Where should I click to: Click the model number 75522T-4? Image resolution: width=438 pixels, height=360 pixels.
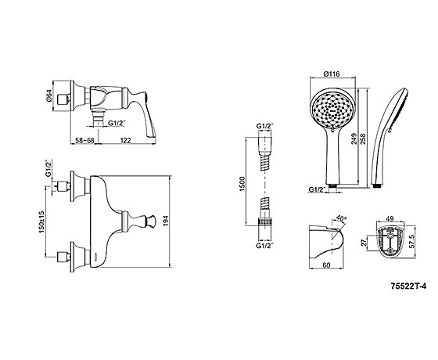coord(408,286)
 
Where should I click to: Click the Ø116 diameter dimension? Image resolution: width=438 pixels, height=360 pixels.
coord(332,74)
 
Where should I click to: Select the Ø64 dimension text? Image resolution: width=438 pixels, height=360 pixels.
coord(48,96)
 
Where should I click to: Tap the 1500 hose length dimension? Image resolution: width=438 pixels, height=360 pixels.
coord(242,184)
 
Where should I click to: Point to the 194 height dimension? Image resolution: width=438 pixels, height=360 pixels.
coord(165,221)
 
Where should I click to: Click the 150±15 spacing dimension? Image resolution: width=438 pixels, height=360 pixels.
coord(41,222)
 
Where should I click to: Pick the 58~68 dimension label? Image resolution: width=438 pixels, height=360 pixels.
coord(83,140)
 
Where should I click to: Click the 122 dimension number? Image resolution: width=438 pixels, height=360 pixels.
coord(125,140)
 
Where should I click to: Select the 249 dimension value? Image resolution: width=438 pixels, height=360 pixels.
coord(354,139)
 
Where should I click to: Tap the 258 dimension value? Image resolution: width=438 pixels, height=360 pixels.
coord(363,139)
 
